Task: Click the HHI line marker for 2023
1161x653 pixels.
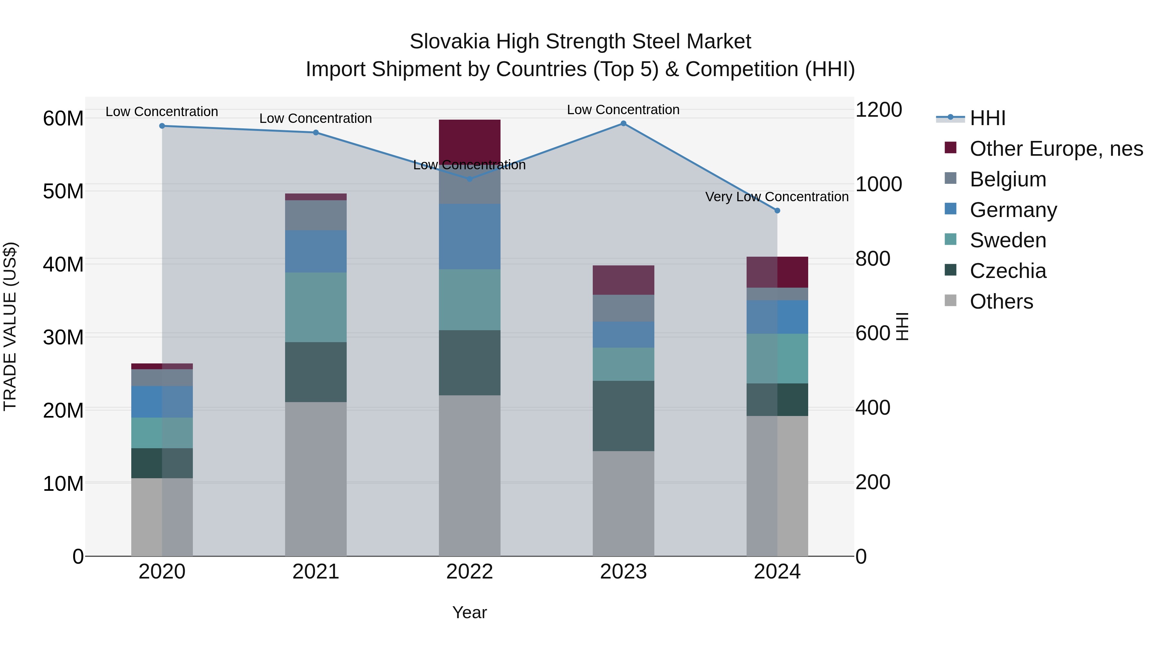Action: click(623, 124)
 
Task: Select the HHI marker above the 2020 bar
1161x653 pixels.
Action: click(162, 126)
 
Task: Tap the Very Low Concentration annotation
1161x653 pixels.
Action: click(777, 197)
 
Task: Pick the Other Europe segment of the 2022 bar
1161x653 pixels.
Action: click(470, 140)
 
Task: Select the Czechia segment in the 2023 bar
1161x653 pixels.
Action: click(623, 416)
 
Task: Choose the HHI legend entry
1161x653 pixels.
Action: click(987, 118)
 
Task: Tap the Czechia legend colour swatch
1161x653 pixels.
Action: click(950, 270)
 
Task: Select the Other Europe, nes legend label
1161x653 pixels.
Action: click(1056, 149)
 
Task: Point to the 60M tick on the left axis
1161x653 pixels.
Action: click(63, 119)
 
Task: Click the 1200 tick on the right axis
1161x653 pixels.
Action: click(878, 110)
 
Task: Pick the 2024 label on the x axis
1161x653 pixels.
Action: click(777, 572)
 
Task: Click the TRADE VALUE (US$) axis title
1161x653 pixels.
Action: click(10, 326)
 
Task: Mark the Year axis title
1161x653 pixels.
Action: click(469, 612)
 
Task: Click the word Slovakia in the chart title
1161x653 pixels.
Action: click(449, 42)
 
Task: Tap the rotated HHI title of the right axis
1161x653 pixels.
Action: click(902, 326)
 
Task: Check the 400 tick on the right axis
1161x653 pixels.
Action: click(873, 408)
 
